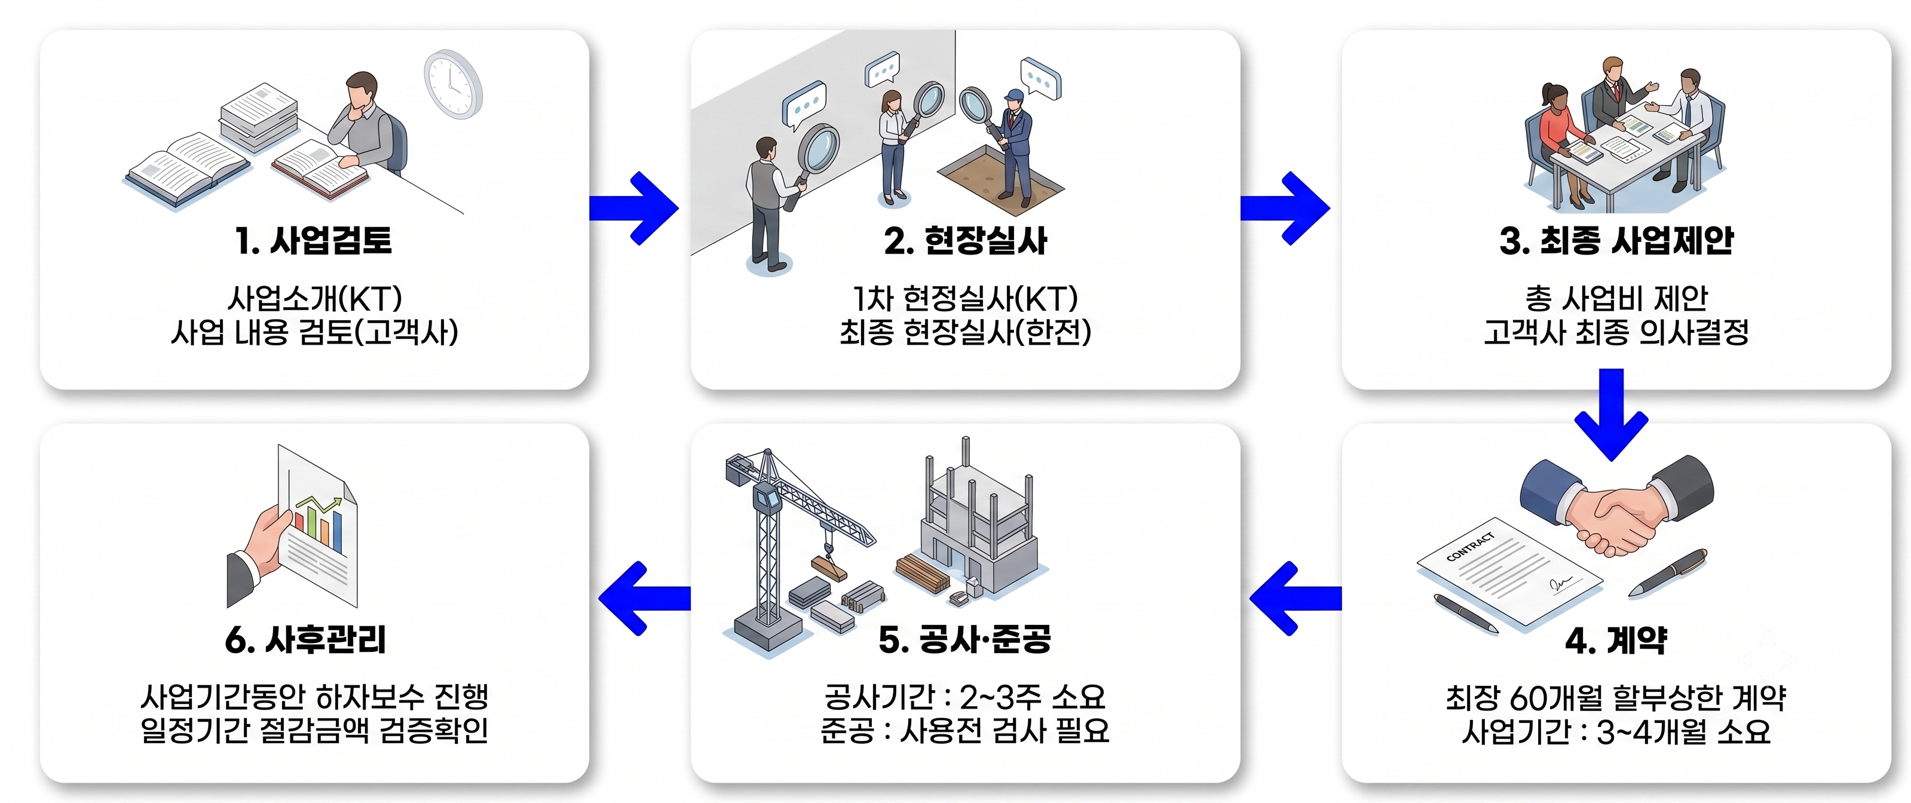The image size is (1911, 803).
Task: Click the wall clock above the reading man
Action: (x=454, y=84)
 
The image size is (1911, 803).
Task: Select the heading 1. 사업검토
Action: (x=313, y=240)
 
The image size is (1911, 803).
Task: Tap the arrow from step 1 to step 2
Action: (x=634, y=209)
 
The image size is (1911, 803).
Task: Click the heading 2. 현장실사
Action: (x=965, y=240)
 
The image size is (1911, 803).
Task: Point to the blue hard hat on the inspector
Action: (x=1013, y=95)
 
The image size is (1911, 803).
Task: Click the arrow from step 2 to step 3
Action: (x=1285, y=209)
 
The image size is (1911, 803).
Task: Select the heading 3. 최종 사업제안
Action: (x=1616, y=240)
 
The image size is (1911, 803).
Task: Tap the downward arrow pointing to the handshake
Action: (x=1611, y=415)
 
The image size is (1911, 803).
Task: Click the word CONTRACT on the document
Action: (x=1471, y=547)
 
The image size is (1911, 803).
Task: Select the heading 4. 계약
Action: (x=1616, y=640)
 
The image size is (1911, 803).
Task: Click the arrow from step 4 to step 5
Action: (x=1296, y=598)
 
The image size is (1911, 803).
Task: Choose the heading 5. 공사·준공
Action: (x=964, y=640)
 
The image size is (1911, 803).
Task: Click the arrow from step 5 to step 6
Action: (x=644, y=598)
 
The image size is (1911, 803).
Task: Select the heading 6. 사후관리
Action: (x=305, y=640)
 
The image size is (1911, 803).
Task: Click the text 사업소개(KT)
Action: (x=314, y=299)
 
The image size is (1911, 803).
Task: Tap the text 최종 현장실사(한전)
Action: (x=965, y=332)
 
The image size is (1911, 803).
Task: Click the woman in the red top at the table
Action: (x=1558, y=141)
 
